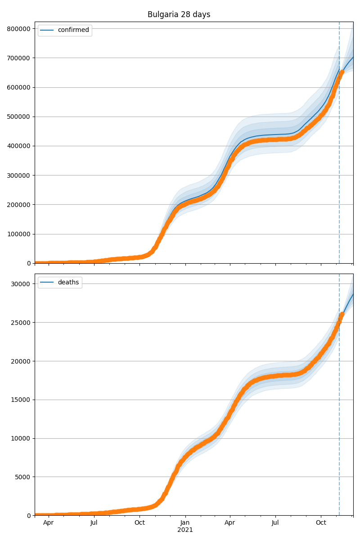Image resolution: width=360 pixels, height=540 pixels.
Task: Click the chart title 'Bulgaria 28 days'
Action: pos(179,14)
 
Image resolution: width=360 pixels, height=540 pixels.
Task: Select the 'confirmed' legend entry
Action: pos(73,30)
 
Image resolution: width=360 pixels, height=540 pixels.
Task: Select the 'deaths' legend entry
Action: pos(68,282)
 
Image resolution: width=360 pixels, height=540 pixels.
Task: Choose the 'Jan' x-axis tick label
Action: pos(185,523)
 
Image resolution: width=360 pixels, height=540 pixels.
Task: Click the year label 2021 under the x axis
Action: pos(185,530)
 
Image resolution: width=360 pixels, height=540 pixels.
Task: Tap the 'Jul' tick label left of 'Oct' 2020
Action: pos(94,523)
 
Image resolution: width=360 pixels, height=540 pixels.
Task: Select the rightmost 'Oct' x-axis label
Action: pos(321,523)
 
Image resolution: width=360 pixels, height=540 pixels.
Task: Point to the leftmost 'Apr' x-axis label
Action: pos(48,523)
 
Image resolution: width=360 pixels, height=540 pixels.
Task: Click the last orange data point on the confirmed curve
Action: pos(342,72)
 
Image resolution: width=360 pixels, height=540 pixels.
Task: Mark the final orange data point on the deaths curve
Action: pos(342,314)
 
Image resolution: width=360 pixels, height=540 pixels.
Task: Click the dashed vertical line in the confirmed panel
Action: pos(339,180)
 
